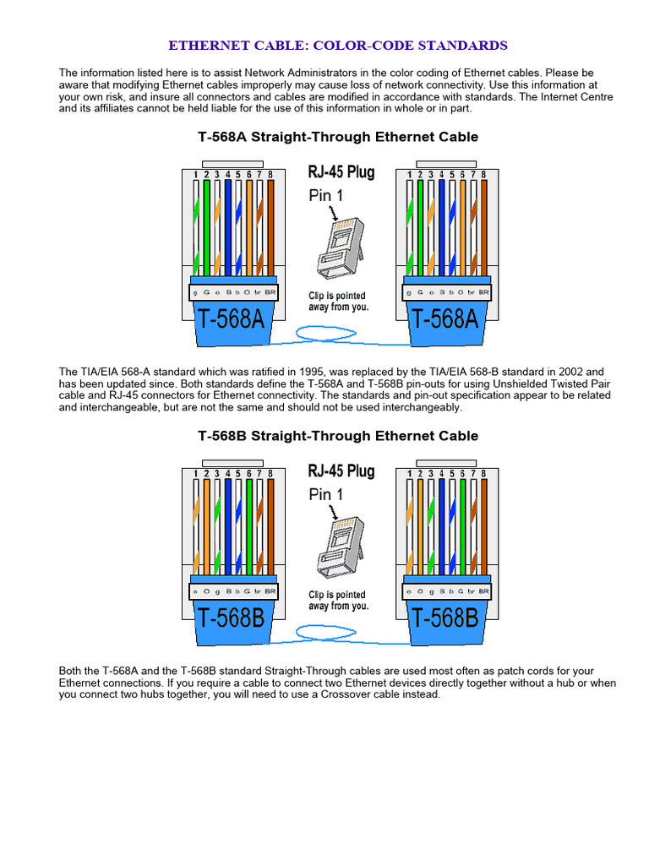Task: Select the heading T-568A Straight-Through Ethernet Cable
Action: click(x=338, y=137)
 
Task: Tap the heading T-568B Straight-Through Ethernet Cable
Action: click(x=338, y=436)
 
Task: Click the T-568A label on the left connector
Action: click(x=232, y=320)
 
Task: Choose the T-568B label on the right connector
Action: click(x=444, y=618)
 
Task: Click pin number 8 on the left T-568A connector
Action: click(x=270, y=175)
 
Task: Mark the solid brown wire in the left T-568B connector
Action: click(x=270, y=524)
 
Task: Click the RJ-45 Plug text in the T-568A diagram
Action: click(x=341, y=173)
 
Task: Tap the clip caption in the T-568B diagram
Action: click(x=338, y=601)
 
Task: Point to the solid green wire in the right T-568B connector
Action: click(x=463, y=524)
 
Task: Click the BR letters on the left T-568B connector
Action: click(x=270, y=590)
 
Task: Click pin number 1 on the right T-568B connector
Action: click(x=410, y=474)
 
